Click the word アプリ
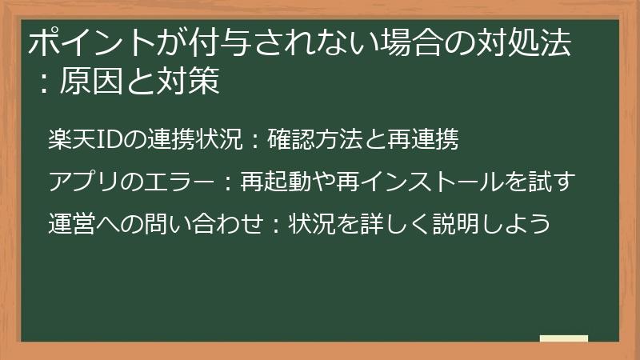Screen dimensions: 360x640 [x=81, y=182]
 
